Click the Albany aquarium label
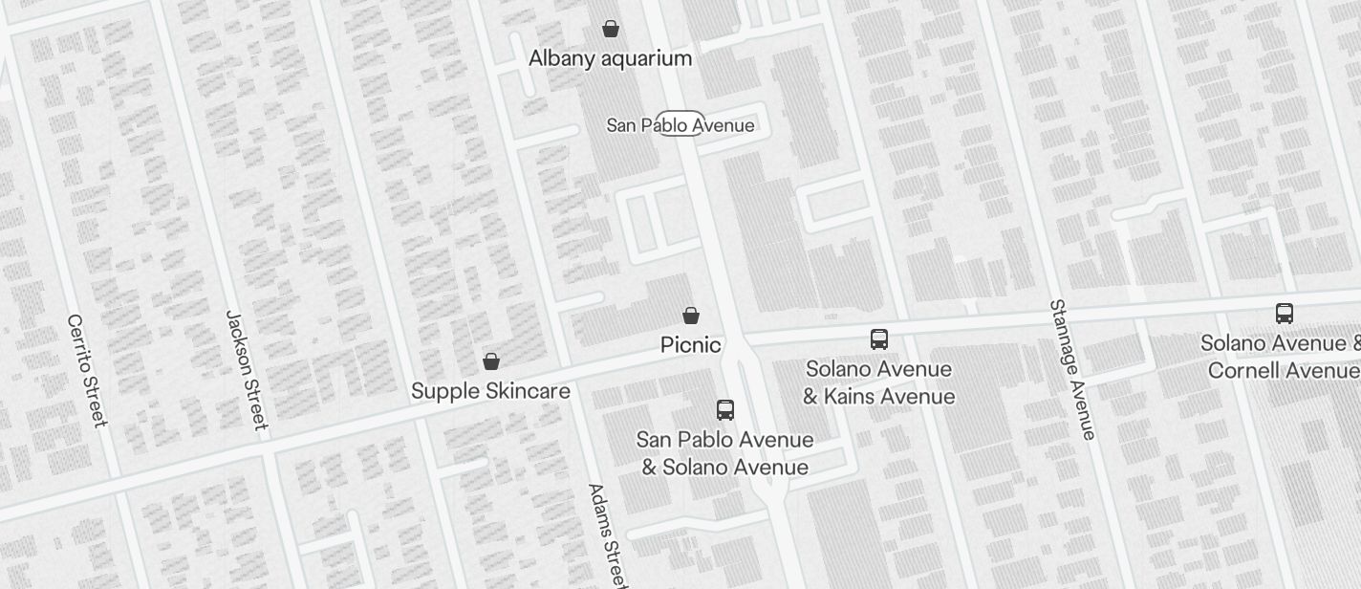coord(610,58)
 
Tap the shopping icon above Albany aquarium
coord(611,29)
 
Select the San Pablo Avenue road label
coord(680,125)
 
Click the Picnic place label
coord(690,344)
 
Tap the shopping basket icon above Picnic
coord(691,315)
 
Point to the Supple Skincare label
coord(490,390)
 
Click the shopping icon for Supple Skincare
coord(491,360)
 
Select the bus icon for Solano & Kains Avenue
coord(879,338)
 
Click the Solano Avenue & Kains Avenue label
coord(878,382)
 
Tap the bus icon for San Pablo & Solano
coord(725,410)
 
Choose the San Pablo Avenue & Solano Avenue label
coord(725,453)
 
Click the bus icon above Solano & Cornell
coord(1285,313)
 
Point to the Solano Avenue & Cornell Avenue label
coord(1281,356)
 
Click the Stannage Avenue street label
coord(1072,370)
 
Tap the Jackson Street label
coord(246,369)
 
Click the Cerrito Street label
coord(88,370)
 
